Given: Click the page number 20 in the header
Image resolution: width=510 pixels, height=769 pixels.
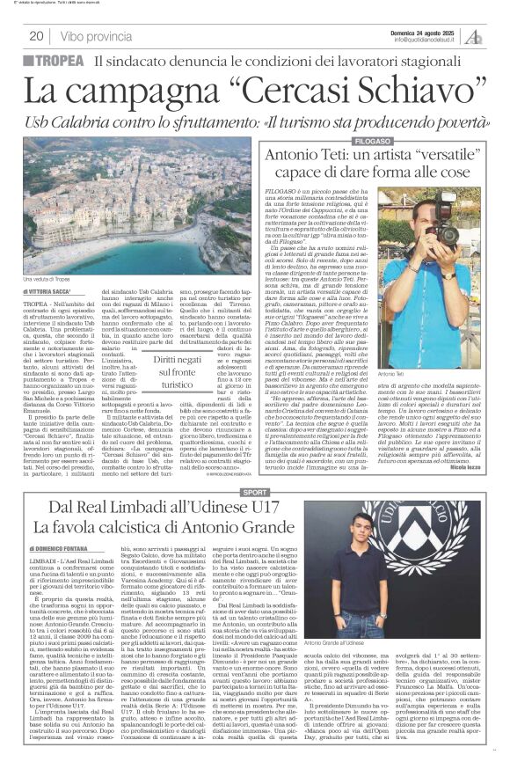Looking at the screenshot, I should click(37, 36).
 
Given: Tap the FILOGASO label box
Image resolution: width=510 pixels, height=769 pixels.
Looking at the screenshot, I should click(372, 142).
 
